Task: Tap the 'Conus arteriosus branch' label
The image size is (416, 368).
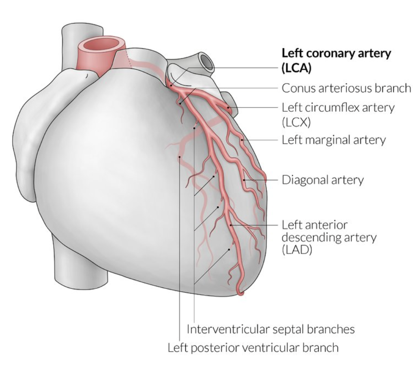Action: click(x=346, y=88)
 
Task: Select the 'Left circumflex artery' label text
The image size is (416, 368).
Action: click(x=338, y=108)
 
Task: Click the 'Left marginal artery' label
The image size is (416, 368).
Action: click(x=333, y=140)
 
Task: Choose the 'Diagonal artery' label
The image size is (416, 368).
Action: click(x=322, y=180)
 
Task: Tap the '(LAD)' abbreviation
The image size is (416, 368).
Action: click(x=295, y=250)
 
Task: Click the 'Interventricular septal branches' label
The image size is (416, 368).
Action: click(x=270, y=329)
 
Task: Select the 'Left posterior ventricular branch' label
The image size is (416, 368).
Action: click(x=253, y=347)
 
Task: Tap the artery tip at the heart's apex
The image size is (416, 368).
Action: click(x=241, y=293)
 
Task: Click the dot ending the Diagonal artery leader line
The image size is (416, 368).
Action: click(x=244, y=180)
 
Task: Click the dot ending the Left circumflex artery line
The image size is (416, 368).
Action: click(x=229, y=108)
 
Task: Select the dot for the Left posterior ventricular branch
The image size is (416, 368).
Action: click(x=179, y=156)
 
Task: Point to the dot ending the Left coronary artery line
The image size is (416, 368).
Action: click(x=171, y=85)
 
